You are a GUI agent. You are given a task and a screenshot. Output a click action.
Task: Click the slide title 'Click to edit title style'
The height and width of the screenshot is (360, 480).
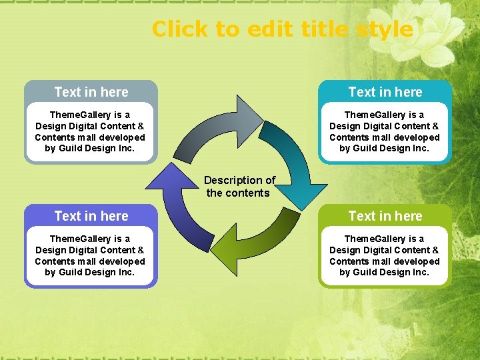point(282,29)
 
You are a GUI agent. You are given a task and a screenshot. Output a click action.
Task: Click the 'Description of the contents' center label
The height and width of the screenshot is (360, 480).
point(239,187)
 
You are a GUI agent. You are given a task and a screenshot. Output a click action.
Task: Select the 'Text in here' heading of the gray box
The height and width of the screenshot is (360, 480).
point(91,92)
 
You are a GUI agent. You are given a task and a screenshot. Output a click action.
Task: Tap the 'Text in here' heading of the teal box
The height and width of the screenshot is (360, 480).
point(385,92)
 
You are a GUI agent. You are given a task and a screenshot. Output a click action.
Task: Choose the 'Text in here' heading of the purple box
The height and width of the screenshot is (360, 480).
point(91,216)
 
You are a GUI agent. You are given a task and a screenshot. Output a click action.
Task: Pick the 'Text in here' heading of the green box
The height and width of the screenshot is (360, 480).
point(385,216)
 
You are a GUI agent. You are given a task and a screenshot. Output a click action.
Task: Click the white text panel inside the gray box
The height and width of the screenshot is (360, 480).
point(90,132)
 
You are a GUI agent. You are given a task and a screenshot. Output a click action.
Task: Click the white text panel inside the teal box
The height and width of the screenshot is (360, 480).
point(385,132)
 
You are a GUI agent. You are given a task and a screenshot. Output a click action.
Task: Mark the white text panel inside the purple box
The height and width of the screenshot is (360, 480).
point(90,256)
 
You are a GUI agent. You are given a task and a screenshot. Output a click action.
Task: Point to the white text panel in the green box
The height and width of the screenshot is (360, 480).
point(385,256)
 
